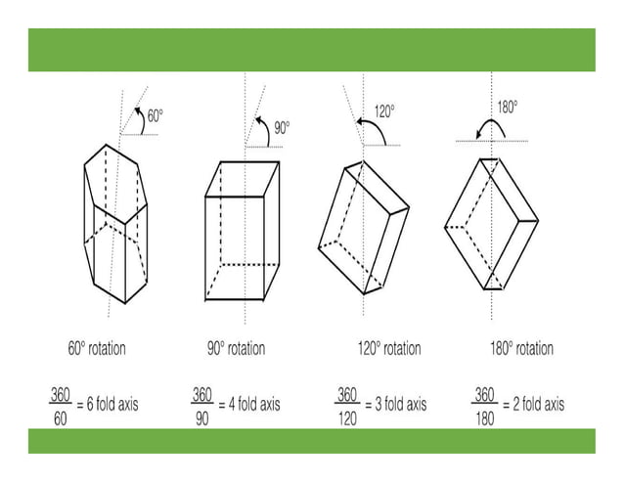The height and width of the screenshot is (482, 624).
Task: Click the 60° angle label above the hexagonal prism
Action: pyautogui.click(x=156, y=115)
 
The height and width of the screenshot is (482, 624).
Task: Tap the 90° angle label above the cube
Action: pyautogui.click(x=282, y=128)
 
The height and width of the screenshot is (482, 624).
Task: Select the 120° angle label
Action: pyautogui.click(x=384, y=111)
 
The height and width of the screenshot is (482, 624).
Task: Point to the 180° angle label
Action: pyautogui.click(x=508, y=107)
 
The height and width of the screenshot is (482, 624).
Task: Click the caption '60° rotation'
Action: pyautogui.click(x=97, y=348)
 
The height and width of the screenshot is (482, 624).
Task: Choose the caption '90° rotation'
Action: pyautogui.click(x=236, y=348)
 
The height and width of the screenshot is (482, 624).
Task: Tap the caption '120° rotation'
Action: pyautogui.click(x=389, y=348)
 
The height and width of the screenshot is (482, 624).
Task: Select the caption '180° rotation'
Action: pyautogui.click(x=521, y=348)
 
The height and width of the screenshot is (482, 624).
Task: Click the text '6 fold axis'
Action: pyautogui.click(x=112, y=405)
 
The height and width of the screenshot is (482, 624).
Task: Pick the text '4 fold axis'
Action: pyautogui.click(x=254, y=405)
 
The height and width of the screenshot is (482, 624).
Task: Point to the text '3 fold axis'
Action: pyautogui.click(x=401, y=405)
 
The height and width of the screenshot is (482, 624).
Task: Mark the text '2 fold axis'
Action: pyautogui.click(x=539, y=405)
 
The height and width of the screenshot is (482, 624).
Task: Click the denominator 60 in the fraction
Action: pyautogui.click(x=60, y=418)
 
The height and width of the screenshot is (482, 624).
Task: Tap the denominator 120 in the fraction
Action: pyautogui.click(x=347, y=418)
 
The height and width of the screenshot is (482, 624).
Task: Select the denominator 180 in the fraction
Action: pyautogui.click(x=485, y=418)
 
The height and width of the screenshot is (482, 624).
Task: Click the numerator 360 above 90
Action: pyautogui.click(x=201, y=395)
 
